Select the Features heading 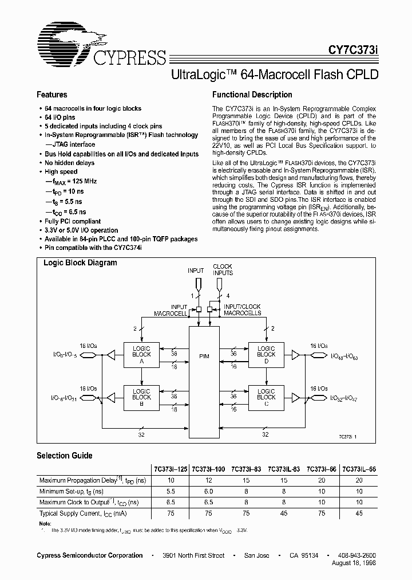click(x=52, y=95)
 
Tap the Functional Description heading click(x=252, y=95)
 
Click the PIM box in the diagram click(x=204, y=356)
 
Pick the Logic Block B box click(x=141, y=397)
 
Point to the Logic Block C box click(x=266, y=397)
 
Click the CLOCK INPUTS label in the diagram click(x=223, y=270)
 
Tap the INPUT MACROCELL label click(x=171, y=310)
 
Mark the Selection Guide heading click(x=64, y=456)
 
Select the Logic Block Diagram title click(x=81, y=263)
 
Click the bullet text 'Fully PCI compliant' click(x=73, y=221)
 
